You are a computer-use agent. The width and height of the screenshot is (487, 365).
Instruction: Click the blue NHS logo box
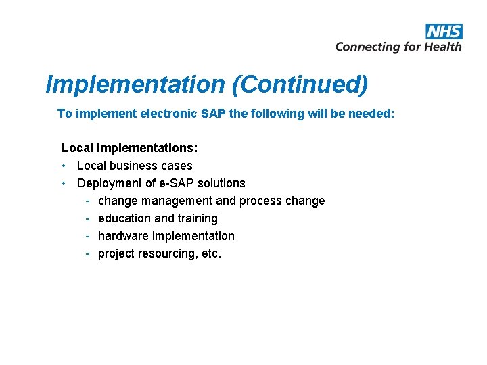(x=444, y=31)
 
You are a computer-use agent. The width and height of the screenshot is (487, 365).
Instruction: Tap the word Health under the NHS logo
(x=442, y=47)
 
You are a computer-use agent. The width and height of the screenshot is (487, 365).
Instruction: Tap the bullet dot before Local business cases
(x=64, y=166)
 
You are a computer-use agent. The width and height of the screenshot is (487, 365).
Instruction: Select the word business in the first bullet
(x=136, y=166)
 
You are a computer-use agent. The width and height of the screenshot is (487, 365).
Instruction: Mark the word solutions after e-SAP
(x=221, y=183)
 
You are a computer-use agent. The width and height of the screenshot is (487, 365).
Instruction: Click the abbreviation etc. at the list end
(x=211, y=253)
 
